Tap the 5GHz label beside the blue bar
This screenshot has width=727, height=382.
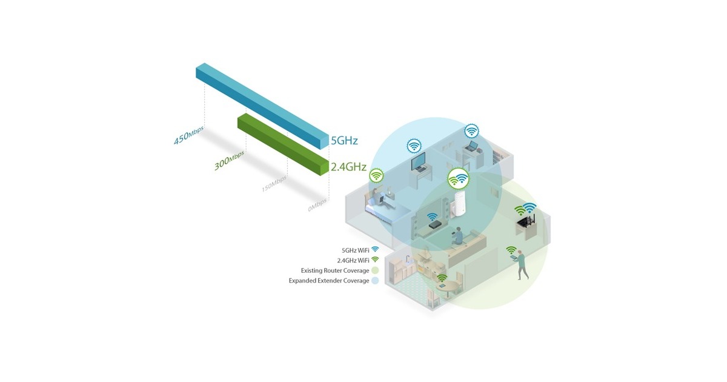tap(344, 141)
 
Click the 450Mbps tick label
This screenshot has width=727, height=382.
tap(189, 136)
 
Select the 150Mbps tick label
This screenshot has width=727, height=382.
tap(274, 184)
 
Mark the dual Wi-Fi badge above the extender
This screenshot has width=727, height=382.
tap(458, 179)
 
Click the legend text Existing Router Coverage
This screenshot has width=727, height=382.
tap(334, 270)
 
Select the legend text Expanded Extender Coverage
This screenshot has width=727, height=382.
tap(328, 281)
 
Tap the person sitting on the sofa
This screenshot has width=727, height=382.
tap(459, 235)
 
